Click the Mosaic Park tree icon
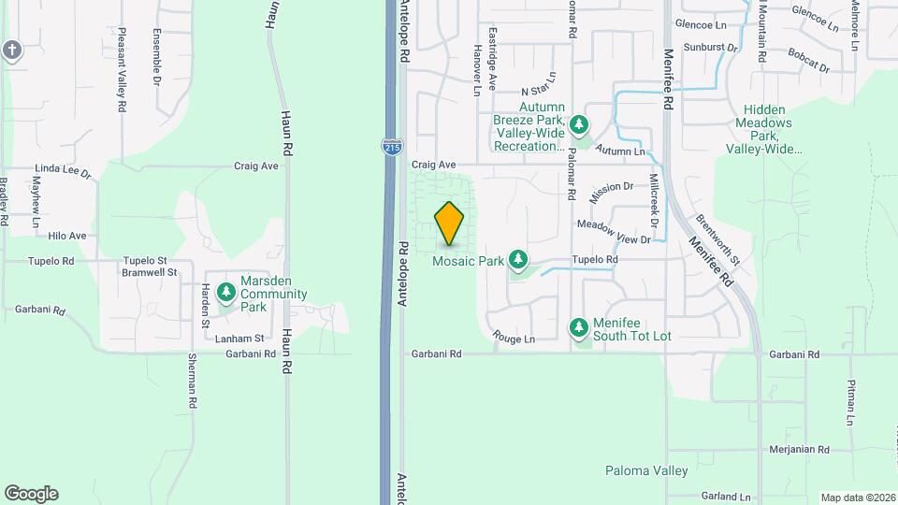pyautogui.click(x=517, y=260)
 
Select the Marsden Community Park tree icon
pyautogui.click(x=225, y=294)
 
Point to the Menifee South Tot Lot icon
pyautogui.click(x=579, y=327)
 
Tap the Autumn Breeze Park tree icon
pyautogui.click(x=579, y=124)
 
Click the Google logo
pyautogui.click(x=31, y=494)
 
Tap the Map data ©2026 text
pyautogui.click(x=856, y=498)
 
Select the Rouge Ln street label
pyautogui.click(x=514, y=339)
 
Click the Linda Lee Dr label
pyautogui.click(x=63, y=173)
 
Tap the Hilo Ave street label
pyautogui.click(x=67, y=237)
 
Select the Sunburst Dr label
pyautogui.click(x=710, y=46)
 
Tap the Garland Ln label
pyautogui.click(x=726, y=497)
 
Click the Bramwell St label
pyautogui.click(x=150, y=272)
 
